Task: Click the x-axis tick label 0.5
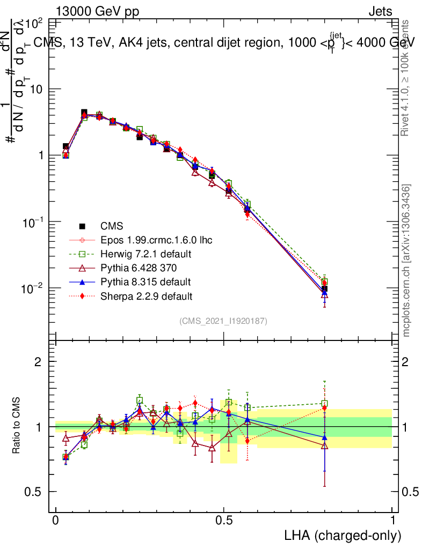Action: [x=224, y=521]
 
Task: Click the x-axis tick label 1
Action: [x=392, y=521]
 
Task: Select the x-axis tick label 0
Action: [x=56, y=521]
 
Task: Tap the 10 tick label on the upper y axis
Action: [x=36, y=89]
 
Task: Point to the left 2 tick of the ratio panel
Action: [x=38, y=362]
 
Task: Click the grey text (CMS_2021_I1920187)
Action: [x=224, y=321]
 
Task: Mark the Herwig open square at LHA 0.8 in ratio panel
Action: [x=325, y=404]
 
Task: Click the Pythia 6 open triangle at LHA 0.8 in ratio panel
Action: [x=325, y=446]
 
